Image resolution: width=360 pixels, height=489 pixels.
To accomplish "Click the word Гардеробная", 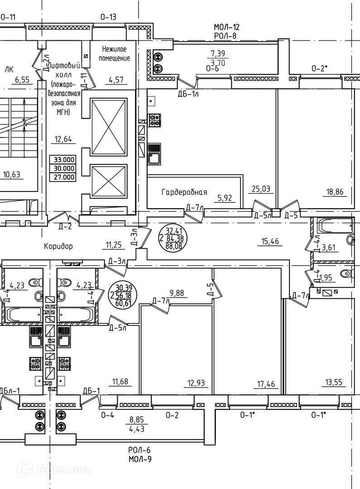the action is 184,192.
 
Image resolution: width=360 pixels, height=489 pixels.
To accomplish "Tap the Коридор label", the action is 58,247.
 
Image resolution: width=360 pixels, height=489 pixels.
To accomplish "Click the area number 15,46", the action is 270,241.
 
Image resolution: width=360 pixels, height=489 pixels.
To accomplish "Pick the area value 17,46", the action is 266,385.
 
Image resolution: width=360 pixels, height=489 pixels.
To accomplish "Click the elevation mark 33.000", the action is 64,160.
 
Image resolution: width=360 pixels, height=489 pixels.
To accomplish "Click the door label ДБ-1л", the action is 187,94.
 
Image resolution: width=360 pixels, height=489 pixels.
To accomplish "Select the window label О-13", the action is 108,17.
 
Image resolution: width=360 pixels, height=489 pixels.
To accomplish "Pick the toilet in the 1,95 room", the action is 347,273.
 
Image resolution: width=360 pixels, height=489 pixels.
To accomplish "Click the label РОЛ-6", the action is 139,451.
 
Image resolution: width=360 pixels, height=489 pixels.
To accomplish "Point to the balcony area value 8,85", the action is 137,420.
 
